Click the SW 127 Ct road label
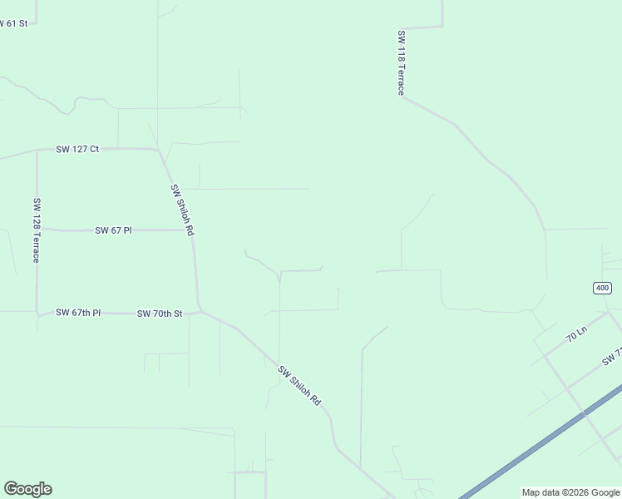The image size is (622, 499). point(77,150)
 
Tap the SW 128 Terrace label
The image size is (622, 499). point(37,230)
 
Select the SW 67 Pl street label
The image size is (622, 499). point(113,230)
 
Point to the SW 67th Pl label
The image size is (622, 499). point(78,313)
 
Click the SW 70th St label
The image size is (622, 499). point(160,314)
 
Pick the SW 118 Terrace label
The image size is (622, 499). point(401,63)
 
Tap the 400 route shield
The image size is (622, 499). point(603,288)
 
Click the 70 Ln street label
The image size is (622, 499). point(576,336)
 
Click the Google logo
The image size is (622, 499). point(27,489)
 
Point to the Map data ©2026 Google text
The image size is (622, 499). point(570,492)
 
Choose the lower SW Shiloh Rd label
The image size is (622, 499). point(299,386)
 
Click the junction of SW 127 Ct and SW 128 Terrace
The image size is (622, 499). point(37,151)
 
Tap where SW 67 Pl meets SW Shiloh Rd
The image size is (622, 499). point(192,230)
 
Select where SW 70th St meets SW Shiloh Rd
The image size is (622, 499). point(200,312)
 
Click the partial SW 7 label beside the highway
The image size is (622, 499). point(612,358)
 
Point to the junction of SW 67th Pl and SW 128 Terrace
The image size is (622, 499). point(37,314)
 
